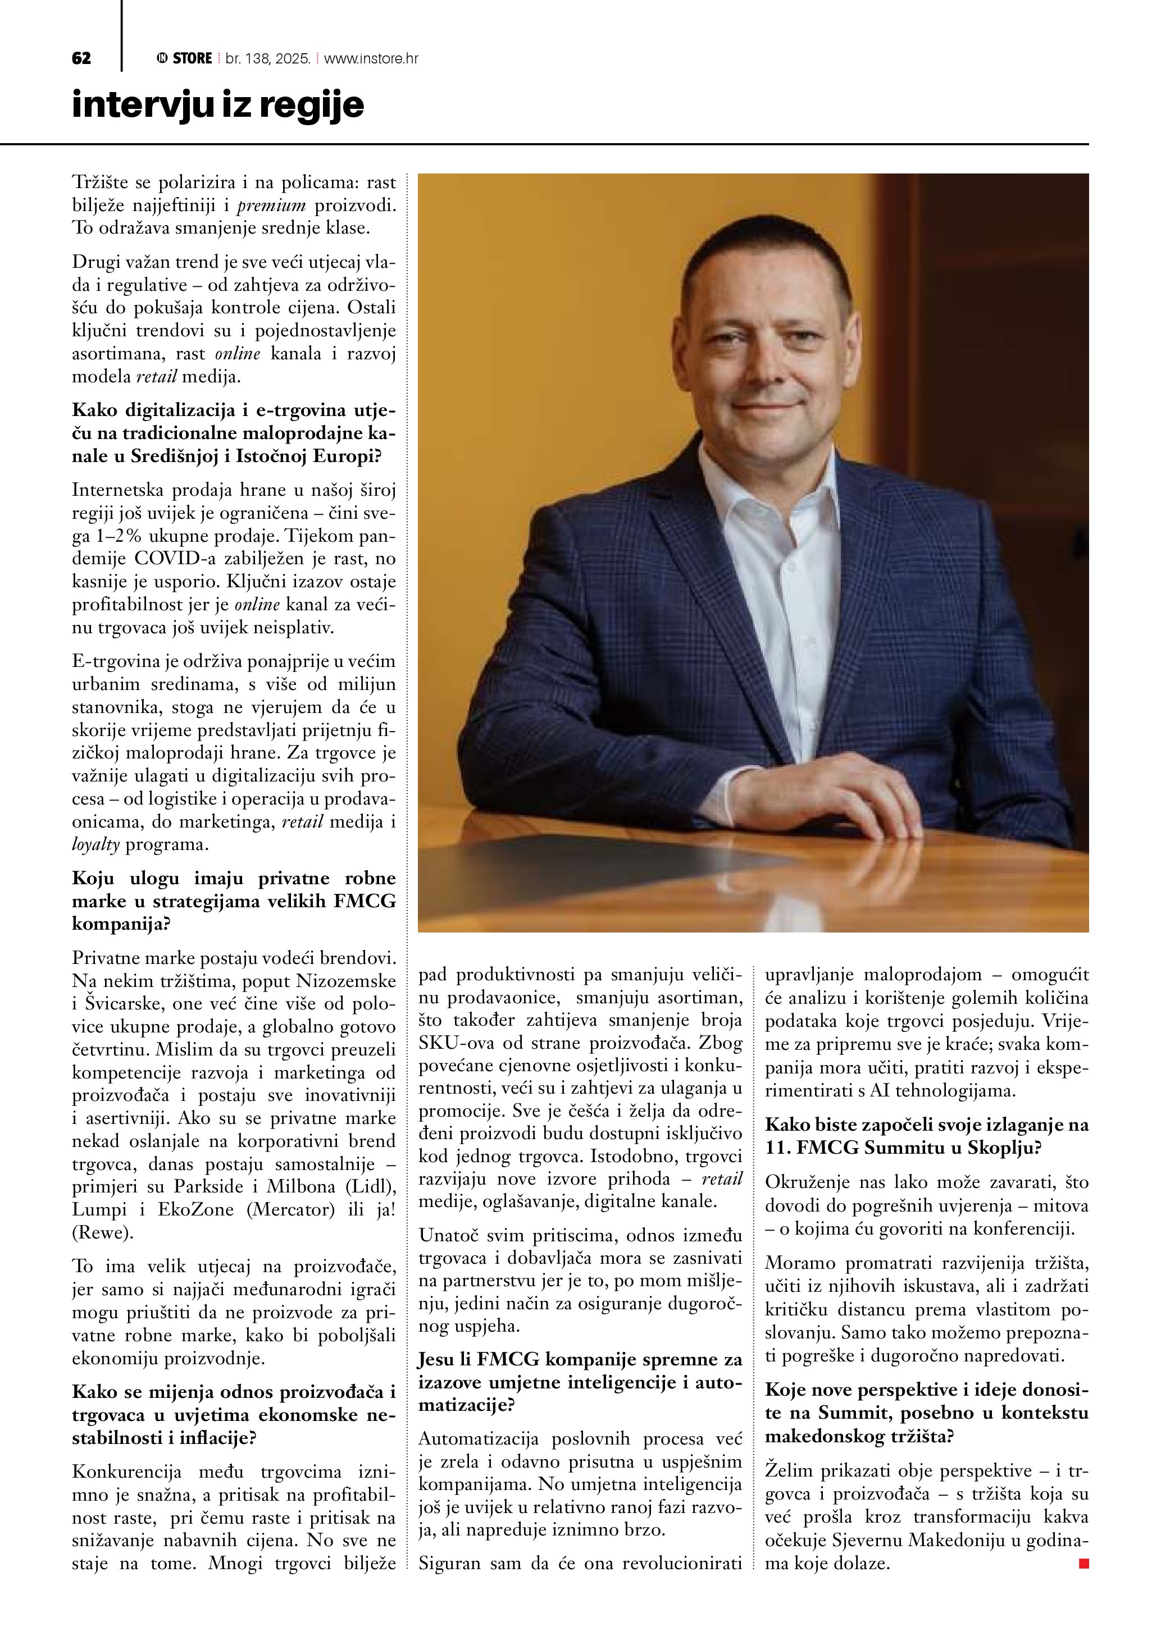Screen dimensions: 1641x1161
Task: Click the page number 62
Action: [81, 58]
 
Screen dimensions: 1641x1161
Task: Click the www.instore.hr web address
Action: [371, 58]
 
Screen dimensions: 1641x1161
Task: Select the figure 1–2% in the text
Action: [116, 536]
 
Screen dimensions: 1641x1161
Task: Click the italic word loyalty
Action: [96, 845]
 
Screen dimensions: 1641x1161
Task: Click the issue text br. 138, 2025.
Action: [267, 58]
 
